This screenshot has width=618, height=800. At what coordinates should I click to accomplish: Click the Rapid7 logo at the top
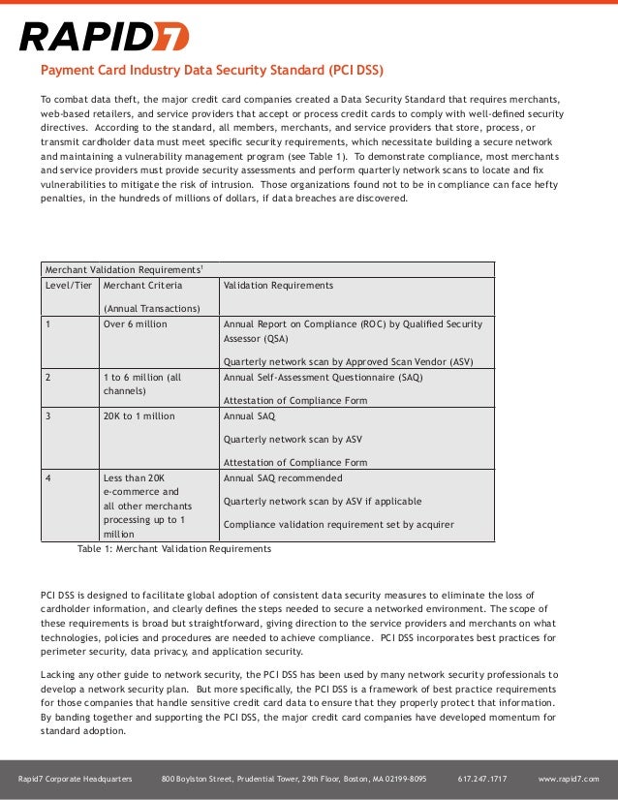click(104, 38)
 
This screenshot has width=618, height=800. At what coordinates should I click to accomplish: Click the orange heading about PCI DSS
click(211, 71)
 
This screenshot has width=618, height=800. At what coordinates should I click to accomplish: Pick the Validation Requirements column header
click(278, 286)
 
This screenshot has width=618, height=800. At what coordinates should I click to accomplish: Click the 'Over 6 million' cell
click(136, 324)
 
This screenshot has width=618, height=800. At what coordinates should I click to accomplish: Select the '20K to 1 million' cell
click(139, 415)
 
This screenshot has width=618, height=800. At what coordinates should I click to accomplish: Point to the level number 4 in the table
click(48, 478)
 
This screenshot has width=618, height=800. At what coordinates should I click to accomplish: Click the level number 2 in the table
click(48, 377)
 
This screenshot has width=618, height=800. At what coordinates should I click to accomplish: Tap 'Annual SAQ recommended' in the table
click(283, 478)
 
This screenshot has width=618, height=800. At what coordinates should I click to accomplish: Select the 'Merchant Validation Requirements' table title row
click(122, 268)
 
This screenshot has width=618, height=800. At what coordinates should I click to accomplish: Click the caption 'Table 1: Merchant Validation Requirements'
click(174, 549)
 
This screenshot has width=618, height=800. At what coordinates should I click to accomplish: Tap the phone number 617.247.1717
click(481, 779)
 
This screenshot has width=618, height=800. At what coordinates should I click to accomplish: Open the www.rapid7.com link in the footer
click(569, 779)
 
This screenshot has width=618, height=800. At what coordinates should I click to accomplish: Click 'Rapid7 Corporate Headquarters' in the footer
click(76, 779)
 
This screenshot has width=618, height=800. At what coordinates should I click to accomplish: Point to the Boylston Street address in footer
click(294, 779)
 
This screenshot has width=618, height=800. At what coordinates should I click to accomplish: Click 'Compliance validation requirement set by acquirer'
click(338, 525)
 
